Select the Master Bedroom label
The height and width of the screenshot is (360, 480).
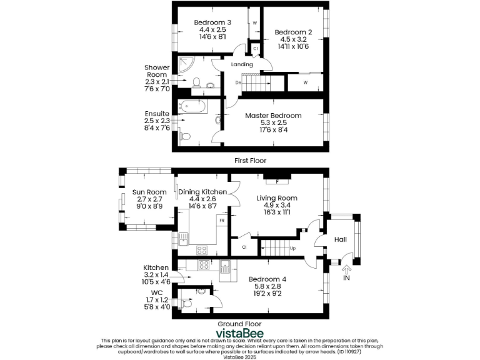[273, 116]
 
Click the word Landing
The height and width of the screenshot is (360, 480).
[242, 64]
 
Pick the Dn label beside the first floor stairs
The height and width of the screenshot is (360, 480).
[238, 82]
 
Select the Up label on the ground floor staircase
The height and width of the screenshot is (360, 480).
[293, 248]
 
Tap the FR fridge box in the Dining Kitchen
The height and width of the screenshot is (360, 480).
[221, 221]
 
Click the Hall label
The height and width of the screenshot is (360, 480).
[341, 239]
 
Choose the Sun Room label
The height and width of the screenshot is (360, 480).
[149, 192]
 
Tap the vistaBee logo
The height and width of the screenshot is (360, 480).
[239, 332]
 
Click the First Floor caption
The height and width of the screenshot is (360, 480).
[251, 161]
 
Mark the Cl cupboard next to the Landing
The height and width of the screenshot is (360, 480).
[255, 48]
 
